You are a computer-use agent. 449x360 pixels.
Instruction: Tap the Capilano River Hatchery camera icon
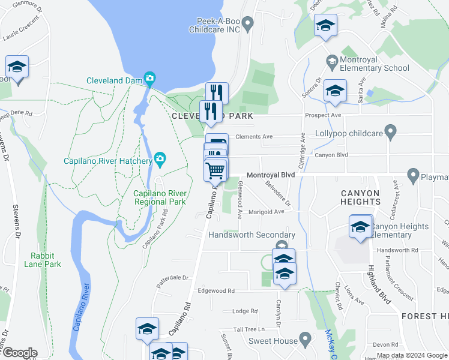(x=160, y=158)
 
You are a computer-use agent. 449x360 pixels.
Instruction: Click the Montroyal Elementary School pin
(x=331, y=61)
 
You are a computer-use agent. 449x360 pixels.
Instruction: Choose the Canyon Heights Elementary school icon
(x=360, y=227)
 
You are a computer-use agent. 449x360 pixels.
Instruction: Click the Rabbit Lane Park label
(x=43, y=259)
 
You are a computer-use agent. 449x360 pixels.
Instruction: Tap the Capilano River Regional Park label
(x=160, y=197)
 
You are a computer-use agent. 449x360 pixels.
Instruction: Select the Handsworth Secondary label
(x=252, y=235)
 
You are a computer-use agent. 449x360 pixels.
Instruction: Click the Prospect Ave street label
(x=323, y=115)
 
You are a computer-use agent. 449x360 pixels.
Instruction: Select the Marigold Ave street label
(x=267, y=212)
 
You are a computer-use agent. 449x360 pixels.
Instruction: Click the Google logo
(x=20, y=353)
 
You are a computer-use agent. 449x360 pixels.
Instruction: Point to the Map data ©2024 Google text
(x=411, y=355)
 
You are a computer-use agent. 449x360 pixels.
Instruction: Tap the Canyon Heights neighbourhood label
(x=360, y=197)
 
